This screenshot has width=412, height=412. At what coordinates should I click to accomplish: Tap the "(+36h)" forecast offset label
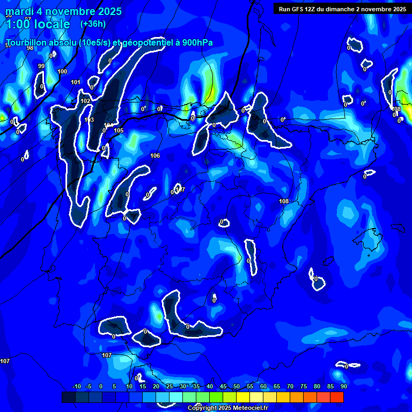click(93, 24)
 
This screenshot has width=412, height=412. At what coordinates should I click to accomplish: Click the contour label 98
click(30, 48)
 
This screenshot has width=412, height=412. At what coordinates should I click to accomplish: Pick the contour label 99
click(41, 66)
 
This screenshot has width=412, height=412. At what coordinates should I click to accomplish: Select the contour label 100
click(62, 71)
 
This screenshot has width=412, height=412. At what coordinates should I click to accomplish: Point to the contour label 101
click(76, 82)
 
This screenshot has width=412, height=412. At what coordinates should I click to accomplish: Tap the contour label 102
click(85, 101)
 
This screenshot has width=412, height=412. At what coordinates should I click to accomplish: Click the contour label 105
click(119, 130)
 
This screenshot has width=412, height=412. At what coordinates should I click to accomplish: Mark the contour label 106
click(155, 156)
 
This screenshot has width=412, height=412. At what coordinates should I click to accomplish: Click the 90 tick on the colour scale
click(343, 386)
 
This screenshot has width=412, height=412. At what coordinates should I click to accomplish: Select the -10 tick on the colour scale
click(76, 386)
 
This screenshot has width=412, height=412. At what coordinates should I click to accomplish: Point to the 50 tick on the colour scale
click(237, 386)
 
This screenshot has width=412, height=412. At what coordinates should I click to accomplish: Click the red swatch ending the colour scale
click(336, 397)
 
